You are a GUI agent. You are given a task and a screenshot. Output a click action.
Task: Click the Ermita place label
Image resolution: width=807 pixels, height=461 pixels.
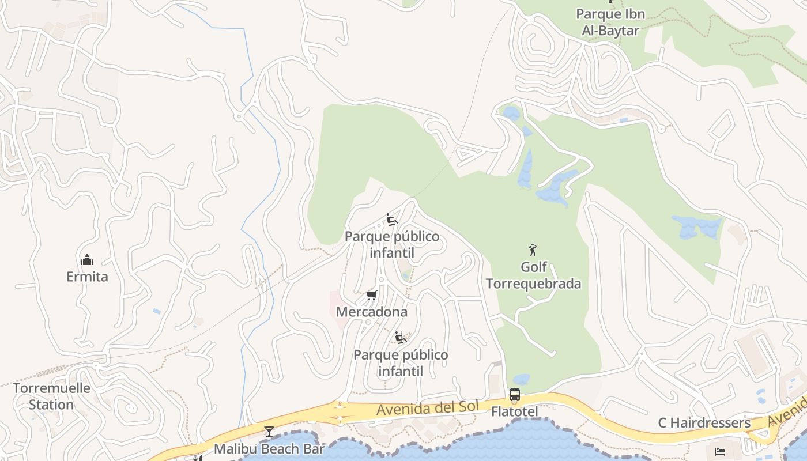pyautogui.click(x=87, y=277)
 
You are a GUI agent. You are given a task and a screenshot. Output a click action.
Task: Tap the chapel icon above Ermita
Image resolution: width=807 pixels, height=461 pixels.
pyautogui.click(x=87, y=260)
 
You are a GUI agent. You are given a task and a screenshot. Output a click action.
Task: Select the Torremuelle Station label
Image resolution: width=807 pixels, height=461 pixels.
pyautogui.click(x=51, y=396)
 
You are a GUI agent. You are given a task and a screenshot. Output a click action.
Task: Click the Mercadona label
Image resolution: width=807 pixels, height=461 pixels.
pyautogui.click(x=371, y=312)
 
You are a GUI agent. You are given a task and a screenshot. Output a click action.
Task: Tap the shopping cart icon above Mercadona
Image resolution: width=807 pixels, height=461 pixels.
pyautogui.click(x=371, y=296)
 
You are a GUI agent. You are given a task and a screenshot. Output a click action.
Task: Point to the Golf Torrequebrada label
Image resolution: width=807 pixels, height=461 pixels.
pyautogui.click(x=533, y=275)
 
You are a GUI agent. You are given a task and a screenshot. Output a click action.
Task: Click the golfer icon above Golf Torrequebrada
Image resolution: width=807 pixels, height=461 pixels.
pyautogui.click(x=533, y=250)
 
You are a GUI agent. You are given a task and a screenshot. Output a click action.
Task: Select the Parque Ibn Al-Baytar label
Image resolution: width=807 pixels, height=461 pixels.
pyautogui.click(x=610, y=22)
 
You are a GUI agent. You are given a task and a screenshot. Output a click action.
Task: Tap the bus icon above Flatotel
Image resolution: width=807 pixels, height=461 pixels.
pyautogui.click(x=514, y=395)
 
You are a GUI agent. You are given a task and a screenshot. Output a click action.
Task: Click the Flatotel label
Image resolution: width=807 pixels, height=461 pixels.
pyautogui.click(x=514, y=411)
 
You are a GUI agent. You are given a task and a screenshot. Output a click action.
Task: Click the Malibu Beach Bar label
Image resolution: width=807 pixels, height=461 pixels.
pyautogui.click(x=269, y=448)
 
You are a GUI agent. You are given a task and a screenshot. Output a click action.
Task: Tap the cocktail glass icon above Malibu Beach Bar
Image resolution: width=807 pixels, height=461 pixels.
pyautogui.click(x=269, y=432)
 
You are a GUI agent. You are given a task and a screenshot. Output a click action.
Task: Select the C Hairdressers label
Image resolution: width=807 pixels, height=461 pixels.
pyautogui.click(x=704, y=423)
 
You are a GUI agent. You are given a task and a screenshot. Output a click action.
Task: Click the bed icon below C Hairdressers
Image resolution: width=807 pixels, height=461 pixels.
pyautogui.click(x=720, y=451)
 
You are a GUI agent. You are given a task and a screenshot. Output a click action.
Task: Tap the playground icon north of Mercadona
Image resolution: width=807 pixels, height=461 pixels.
pyautogui.click(x=392, y=220)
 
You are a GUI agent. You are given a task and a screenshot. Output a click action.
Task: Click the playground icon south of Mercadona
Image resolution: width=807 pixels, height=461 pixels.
pyautogui.click(x=401, y=337)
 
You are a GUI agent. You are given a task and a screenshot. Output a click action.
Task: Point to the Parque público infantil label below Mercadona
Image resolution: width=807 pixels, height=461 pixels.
pyautogui.click(x=401, y=363)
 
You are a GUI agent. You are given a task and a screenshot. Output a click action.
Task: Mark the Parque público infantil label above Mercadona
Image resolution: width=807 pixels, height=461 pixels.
pyautogui.click(x=392, y=245)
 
